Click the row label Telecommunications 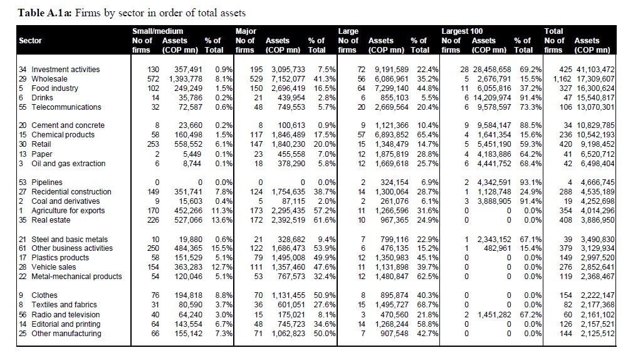click(x=66, y=107)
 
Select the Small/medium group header click(x=157, y=31)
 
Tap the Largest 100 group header click(x=462, y=31)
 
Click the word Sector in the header click(x=30, y=41)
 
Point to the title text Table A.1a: click(x=45, y=13)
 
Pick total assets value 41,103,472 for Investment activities click(x=595, y=70)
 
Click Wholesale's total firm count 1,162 click(x=562, y=79)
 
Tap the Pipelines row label click(x=47, y=183)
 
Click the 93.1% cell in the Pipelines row click(x=531, y=183)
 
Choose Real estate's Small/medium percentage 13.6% click(x=223, y=220)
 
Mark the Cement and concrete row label click(x=68, y=125)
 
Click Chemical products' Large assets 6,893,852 click(x=392, y=135)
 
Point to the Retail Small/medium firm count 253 click(x=153, y=144)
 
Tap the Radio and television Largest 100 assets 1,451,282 click(x=495, y=315)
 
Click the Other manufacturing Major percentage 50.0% click(x=325, y=334)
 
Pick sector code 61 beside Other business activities click(x=23, y=248)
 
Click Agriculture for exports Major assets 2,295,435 click(x=288, y=211)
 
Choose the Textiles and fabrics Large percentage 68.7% click(x=427, y=305)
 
